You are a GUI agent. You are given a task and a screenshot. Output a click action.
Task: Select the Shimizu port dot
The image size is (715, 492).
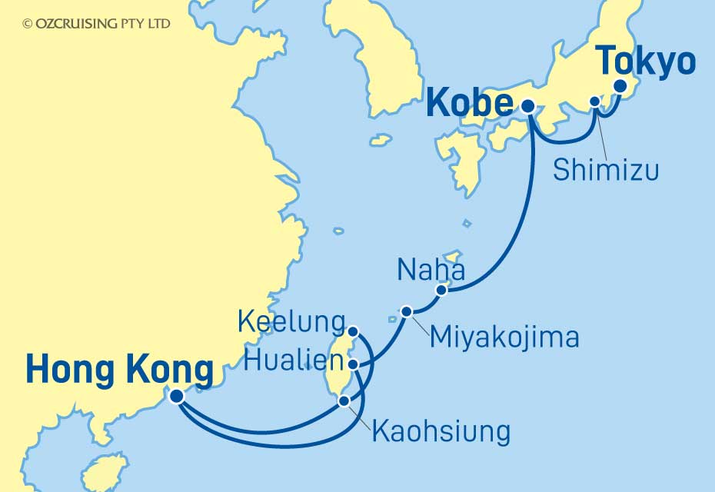pos(594,101)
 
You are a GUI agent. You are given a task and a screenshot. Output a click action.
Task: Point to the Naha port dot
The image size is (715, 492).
pos(441,290)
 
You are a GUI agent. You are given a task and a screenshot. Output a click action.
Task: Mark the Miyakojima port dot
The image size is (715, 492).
pos(407,311)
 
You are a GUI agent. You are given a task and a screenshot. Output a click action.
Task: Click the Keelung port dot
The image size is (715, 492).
pos(352,331)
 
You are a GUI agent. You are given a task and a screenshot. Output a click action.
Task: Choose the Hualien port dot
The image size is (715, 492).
pos(352,364)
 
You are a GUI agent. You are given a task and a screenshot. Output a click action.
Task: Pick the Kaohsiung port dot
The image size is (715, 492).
pos(344,401)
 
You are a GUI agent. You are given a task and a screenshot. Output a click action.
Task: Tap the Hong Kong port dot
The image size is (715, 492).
pos(177,396)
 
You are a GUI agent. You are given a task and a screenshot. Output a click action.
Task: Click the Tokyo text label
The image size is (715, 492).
pos(646,61)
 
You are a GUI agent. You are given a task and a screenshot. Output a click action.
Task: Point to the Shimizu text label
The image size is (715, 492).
pos(606,170)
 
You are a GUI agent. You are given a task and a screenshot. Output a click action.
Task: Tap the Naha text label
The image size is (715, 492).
pos(431,270)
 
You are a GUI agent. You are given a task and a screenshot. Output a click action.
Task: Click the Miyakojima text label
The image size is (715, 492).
pos(504,336)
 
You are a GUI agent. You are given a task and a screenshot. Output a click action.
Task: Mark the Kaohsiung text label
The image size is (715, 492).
pos(441,431)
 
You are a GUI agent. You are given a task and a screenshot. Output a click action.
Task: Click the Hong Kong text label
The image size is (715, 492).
pos(119,371)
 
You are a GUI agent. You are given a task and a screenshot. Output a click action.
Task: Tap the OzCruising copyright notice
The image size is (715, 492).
pos(97,24)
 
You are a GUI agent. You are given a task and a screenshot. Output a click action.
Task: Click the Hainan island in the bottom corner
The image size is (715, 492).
pos(104,473)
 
